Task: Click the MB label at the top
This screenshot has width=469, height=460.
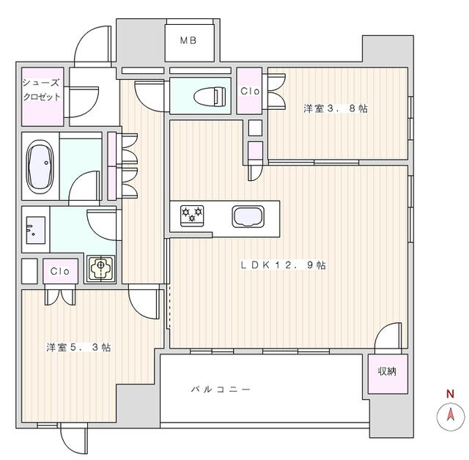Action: pos(188,42)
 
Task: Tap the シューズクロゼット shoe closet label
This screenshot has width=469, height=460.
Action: pos(41,89)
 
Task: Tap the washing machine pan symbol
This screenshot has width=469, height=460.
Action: pos(101,269)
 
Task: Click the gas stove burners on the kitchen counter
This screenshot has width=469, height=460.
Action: pos(192,215)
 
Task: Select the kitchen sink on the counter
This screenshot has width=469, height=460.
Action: pos(248,217)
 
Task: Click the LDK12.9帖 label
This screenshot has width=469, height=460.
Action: pos(283,265)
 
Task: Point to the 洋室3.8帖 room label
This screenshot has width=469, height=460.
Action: pos(336,109)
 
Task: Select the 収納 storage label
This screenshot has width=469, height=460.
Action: pos(386,371)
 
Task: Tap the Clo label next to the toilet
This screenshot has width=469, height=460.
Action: pos(249,91)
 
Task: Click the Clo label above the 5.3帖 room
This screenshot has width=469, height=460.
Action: pos(60,271)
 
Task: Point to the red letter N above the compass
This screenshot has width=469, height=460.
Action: pos(449,394)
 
